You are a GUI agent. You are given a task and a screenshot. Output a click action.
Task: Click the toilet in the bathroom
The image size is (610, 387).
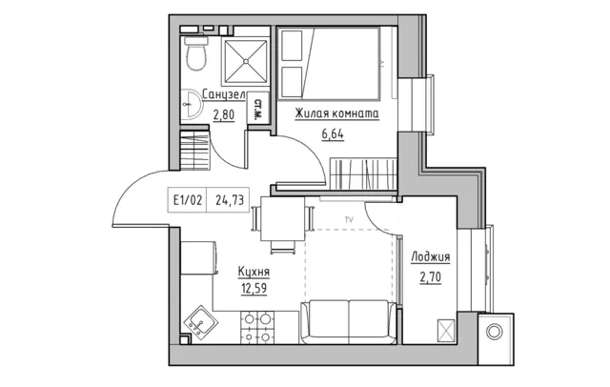coord(195,53)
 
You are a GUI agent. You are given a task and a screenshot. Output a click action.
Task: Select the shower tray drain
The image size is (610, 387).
coord(246,61)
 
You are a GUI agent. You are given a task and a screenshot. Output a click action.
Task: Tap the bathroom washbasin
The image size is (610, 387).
coord(191,105)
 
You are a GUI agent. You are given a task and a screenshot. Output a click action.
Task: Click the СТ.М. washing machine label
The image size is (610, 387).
coord(257,109)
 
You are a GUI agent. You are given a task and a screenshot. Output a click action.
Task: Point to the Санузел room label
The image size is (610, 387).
coord(224,95)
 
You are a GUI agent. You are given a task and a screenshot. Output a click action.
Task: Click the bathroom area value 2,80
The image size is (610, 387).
coord(224,115)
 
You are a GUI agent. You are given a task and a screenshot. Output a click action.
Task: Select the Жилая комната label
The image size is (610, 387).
coord(336,113)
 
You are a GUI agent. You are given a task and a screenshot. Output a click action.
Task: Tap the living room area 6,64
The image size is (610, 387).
coord(333,134)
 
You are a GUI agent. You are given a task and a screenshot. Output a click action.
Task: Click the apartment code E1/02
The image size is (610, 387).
coord(188,200)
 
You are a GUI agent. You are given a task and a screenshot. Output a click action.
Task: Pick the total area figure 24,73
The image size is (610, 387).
coord(230,200)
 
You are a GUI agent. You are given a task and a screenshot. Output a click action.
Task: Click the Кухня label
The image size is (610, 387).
coord(254,272)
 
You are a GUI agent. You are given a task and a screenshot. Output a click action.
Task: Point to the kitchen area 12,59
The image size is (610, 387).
coord(254,289)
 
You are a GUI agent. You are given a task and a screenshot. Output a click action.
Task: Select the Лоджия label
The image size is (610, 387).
coord(430,256)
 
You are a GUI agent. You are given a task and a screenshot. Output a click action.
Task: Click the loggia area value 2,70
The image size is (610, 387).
coord(430,277)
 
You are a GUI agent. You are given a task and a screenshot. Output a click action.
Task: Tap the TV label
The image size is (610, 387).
coord(349,220)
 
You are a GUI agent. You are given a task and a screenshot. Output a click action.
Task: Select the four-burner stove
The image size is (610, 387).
coord(257,328)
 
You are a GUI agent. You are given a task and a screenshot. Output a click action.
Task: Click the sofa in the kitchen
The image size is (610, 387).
coord(349,321)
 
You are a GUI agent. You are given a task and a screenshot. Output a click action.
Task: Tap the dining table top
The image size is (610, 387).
coord(282,218)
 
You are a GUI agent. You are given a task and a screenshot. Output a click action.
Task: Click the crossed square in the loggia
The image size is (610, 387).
coord(446,331)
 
